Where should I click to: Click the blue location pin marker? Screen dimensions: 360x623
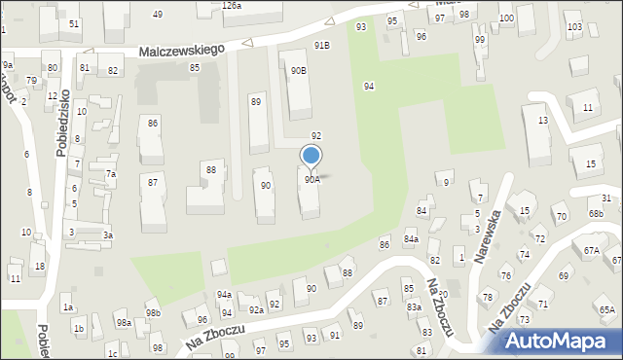(x=311, y=157)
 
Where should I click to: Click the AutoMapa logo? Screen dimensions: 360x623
(x=558, y=340)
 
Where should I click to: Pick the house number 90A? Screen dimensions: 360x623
(x=311, y=179)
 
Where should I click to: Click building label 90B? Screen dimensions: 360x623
(x=298, y=70)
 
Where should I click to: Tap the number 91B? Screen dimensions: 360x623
(x=321, y=45)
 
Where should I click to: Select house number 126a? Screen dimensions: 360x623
(x=231, y=6)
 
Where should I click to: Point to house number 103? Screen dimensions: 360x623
(x=574, y=26)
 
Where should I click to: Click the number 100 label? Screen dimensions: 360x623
(x=506, y=18)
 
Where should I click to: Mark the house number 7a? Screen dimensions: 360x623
(x=111, y=174)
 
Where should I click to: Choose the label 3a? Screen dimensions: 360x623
(x=109, y=234)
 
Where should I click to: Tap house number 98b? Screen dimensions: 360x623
(x=153, y=312)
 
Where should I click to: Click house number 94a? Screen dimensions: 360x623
(x=224, y=294)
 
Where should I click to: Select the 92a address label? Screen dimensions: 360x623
(x=255, y=309)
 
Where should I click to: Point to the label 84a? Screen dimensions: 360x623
(x=411, y=238)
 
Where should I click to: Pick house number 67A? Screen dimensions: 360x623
(x=591, y=250)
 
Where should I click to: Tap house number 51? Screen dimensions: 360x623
(x=74, y=22)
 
